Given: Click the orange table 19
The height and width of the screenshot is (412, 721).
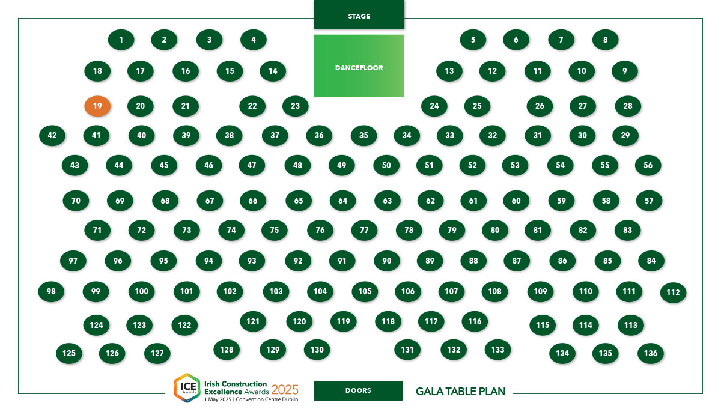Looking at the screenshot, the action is coord(97,106).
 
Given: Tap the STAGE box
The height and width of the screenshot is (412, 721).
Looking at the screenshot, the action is coord(359,15).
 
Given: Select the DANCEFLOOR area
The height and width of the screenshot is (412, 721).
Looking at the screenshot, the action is coord(359,66).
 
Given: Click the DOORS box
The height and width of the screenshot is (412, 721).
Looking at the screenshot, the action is coord(358,390).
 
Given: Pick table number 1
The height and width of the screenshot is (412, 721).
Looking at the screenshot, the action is coord(121,40).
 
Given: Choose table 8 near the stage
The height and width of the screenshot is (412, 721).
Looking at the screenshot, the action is coord(605,40).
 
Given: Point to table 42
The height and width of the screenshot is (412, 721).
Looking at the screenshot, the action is coord(52,135).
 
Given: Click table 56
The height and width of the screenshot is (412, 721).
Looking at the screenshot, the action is coord(648,165).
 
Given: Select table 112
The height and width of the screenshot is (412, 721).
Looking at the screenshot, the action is coord(673,292).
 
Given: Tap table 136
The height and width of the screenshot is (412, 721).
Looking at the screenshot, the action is coord(651,353).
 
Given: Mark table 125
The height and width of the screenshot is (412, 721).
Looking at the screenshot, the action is coord(69,353).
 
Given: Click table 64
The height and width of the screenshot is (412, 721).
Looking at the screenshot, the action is coord(343,201).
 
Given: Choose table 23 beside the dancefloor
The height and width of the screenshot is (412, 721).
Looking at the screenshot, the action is coord(295,106).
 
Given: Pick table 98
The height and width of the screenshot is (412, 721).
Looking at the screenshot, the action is coord(51,291).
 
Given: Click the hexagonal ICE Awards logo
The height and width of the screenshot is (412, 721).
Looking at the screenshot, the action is coord(187,388).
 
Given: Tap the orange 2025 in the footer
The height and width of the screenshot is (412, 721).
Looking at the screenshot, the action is coord(285,390).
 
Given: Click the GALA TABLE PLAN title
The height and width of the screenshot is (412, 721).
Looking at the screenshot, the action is coord(460,392).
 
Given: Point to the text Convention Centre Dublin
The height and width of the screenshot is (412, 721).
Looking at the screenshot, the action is coord(267,399).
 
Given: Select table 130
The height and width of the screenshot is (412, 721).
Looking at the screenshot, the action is coord(317,350).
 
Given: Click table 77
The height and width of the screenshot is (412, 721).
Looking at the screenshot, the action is coord(364,230).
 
